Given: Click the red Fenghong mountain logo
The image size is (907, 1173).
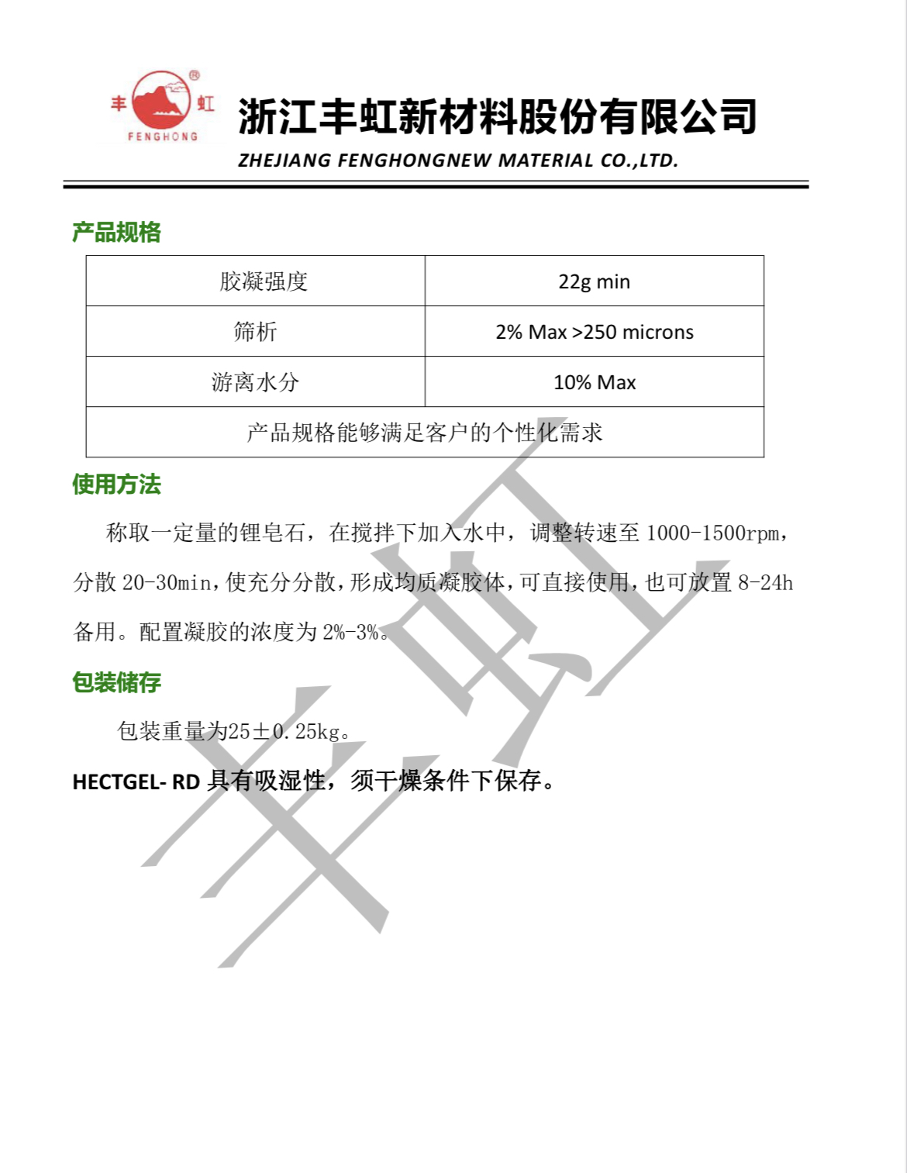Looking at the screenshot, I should pos(162,104).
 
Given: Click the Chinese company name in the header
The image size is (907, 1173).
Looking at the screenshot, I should pos(497,117).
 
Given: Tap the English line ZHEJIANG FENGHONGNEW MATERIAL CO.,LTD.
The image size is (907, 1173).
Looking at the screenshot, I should pos(458,160).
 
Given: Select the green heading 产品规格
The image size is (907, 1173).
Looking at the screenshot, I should pos(116,232).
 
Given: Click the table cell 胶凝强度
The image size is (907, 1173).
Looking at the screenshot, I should pos(264,281).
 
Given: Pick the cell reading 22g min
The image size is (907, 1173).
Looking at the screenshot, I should pos(594,281).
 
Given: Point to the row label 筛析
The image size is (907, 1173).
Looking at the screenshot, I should pos(255,332).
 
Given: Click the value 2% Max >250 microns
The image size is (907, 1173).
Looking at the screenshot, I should pos(594,332).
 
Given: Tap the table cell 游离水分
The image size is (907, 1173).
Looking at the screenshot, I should pos(255,382).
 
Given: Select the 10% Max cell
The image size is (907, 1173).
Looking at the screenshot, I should pos(594,382).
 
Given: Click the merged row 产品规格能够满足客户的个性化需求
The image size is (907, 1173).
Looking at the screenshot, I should pos(424,433).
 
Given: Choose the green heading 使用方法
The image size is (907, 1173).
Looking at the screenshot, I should pos(116,485).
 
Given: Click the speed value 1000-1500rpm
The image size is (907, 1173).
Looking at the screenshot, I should pos(712,533).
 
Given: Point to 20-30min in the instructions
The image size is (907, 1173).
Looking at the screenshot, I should pos(166,583).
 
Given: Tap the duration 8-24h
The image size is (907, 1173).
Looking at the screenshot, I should pos(764,583).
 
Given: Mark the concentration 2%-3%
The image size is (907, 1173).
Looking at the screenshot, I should pos(350,633).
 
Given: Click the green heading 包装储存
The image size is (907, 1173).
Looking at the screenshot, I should pos(116,682).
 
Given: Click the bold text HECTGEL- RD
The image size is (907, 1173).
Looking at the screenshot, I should pos(136,781).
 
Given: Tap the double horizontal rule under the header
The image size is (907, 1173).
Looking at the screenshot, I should pos(436,185).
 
